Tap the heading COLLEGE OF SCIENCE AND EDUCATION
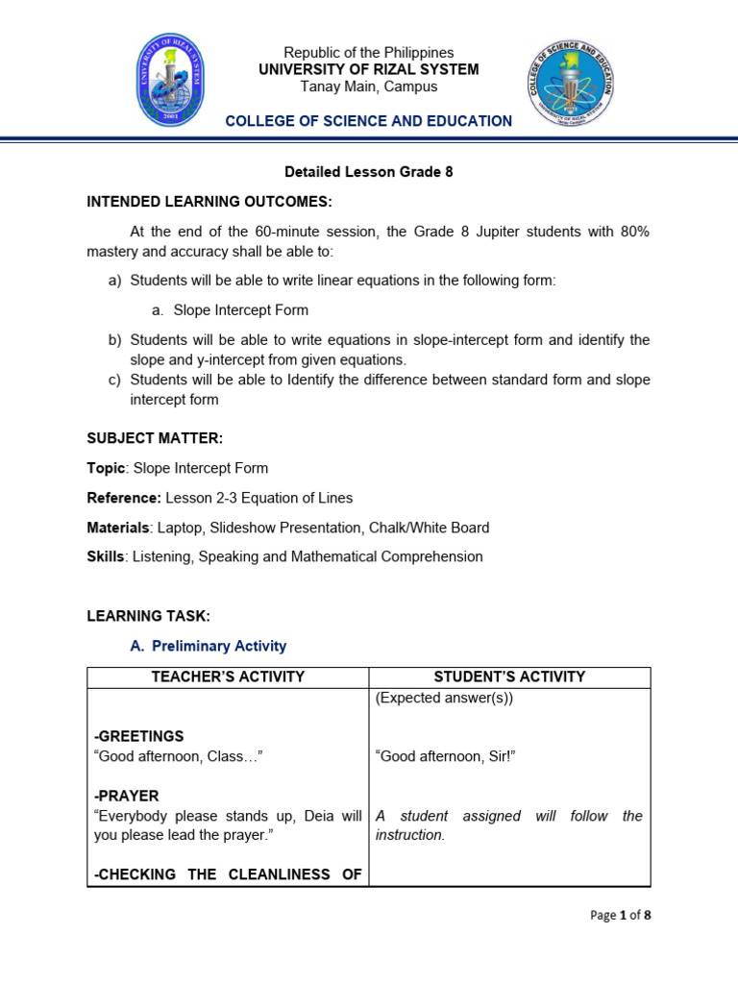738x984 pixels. coord(368,121)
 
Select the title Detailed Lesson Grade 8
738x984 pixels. coord(368,172)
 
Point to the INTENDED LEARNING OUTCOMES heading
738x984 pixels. coord(209,202)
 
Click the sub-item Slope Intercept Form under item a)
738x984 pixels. coord(240,310)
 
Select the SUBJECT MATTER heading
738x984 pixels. coord(155,438)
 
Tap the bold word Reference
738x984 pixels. coord(123,498)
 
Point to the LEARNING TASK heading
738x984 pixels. coord(148,615)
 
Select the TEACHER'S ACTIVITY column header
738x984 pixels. coord(228,676)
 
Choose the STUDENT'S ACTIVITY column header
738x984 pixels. coord(509,676)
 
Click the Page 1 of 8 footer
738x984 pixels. coord(620,915)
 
